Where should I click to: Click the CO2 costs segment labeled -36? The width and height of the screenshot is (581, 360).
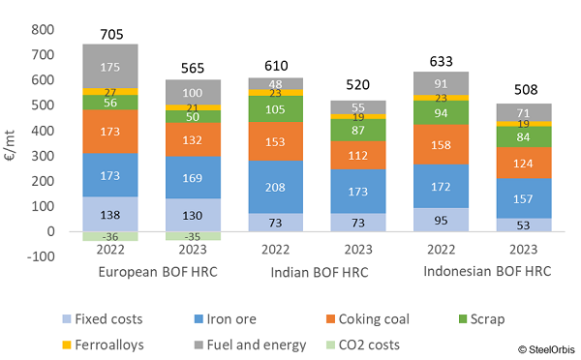click(x=109, y=236)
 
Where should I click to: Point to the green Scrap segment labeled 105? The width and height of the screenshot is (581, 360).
click(x=275, y=108)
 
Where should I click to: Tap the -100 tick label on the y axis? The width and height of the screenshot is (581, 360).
click(x=38, y=257)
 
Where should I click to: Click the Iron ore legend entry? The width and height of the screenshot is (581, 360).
click(x=249, y=318)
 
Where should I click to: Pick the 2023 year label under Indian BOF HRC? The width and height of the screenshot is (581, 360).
click(x=357, y=255)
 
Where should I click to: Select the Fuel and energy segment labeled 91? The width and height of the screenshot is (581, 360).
click(x=441, y=83)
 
